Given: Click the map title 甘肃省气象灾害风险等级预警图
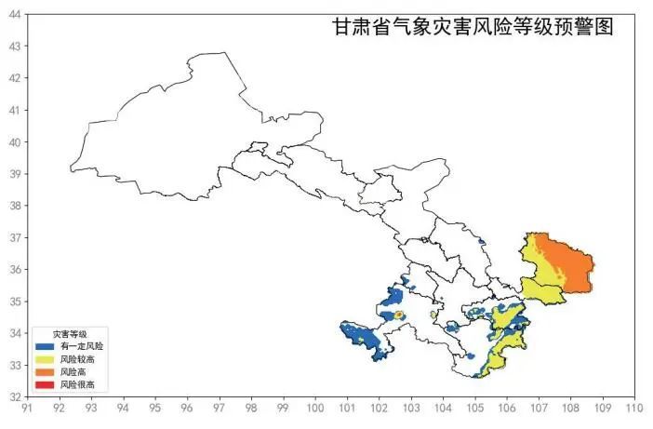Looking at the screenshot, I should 473,27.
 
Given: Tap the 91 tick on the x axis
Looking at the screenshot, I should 28,407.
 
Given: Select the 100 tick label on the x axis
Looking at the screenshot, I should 315,407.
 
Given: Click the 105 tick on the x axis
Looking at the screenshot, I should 475,407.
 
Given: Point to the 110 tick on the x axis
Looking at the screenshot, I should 635,407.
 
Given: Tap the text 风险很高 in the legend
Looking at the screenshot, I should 77,383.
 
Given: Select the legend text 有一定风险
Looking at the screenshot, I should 81,346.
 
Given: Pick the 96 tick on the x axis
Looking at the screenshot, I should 188,407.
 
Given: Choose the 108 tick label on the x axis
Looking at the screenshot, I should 571,407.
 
